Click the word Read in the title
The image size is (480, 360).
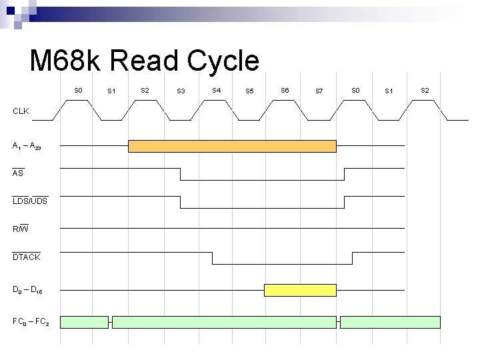click(145, 61)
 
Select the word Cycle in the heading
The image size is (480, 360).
click(223, 61)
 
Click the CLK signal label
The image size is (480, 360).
click(21, 111)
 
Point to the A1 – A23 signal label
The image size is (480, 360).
click(27, 146)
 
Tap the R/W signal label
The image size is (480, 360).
click(21, 229)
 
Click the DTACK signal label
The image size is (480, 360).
click(27, 257)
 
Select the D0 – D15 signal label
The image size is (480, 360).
click(27, 290)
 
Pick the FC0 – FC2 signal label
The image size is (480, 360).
click(30, 322)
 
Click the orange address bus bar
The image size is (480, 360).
click(232, 146)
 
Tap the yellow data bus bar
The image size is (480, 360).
click(300, 290)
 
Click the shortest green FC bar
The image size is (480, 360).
click(84, 322)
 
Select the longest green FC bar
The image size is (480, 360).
click(224, 322)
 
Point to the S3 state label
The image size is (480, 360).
click(181, 91)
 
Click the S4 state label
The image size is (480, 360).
click(216, 89)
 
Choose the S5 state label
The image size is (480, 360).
click(249, 91)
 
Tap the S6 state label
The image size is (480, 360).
click(285, 89)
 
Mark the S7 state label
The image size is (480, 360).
click(319, 91)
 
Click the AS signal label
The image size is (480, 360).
click(18, 173)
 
